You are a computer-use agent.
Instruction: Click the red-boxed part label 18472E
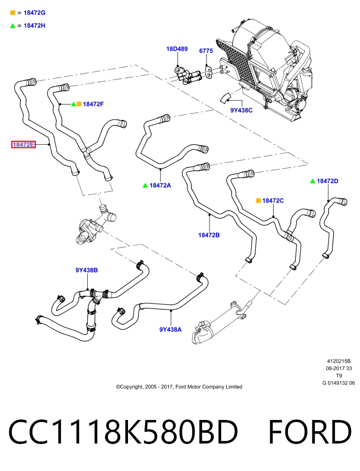point(24,144)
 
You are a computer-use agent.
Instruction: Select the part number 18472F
point(93,104)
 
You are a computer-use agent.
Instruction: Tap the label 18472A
point(160,185)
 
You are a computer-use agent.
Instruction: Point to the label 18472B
point(209,235)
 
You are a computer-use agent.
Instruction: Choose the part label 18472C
point(273,200)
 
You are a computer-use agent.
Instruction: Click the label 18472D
point(328,181)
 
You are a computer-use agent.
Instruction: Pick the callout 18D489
point(177,49)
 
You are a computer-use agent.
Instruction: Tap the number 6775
point(206,51)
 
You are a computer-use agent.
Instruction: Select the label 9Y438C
point(241,110)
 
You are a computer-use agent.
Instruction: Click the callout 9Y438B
point(86,270)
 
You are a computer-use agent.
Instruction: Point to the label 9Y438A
point(171,330)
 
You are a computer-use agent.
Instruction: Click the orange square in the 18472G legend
point(13,13)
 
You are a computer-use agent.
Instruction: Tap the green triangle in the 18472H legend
point(13,26)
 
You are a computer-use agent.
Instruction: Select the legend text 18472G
point(34,13)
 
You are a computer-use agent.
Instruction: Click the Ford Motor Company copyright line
point(179,387)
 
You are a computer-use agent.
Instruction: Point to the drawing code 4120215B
point(339,361)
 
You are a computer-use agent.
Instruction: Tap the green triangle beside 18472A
point(145,185)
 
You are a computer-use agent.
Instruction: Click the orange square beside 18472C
point(258,200)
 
